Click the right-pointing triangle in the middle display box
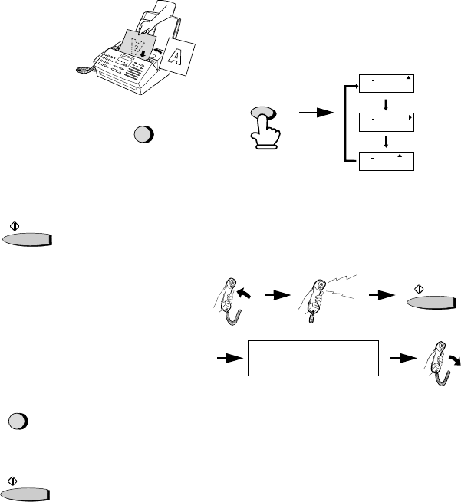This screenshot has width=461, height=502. pyautogui.click(x=411, y=119)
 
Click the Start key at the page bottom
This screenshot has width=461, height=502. pyautogui.click(x=27, y=494)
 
